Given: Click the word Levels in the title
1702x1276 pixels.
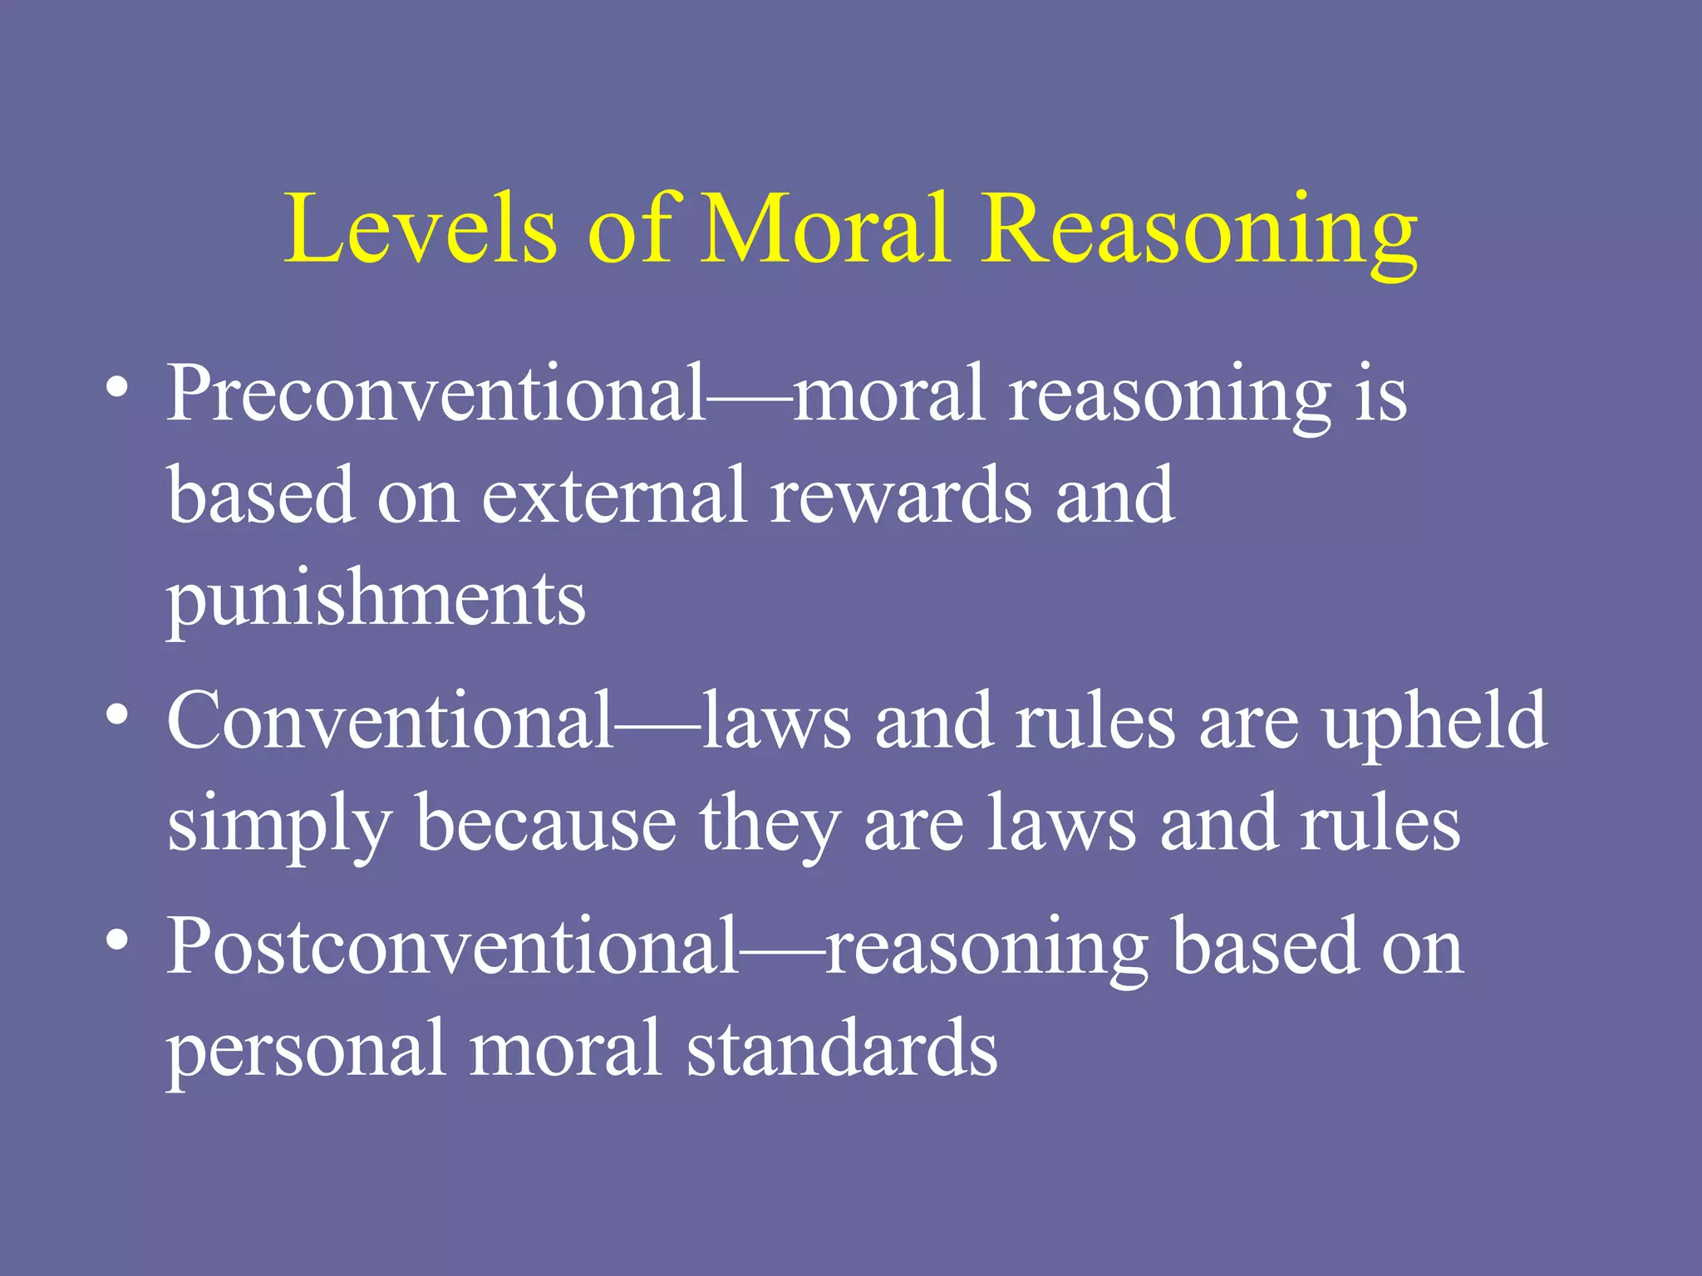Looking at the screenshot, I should point(420,228).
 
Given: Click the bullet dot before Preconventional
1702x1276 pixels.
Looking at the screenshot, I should point(117,389).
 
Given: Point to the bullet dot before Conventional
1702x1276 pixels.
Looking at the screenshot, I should point(117,716).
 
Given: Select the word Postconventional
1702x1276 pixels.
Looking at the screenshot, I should point(453,947).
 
